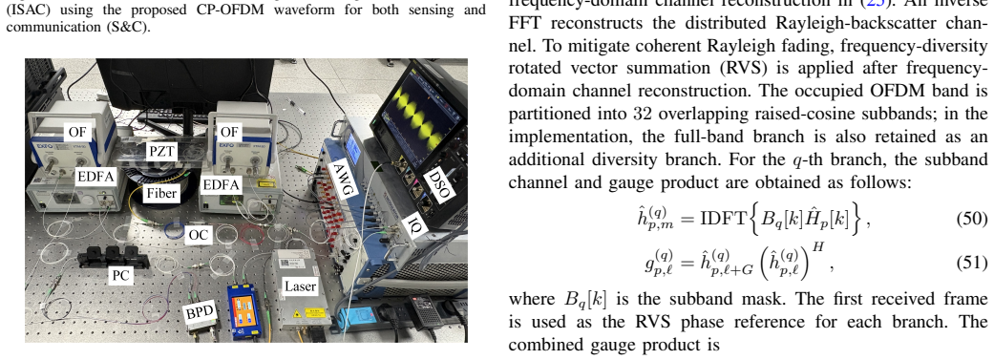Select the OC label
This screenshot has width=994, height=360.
[199, 235]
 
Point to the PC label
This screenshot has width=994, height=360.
[118, 276]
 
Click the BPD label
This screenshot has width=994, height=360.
[199, 311]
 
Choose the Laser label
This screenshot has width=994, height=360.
[300, 286]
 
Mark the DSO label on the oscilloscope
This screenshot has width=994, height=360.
[438, 183]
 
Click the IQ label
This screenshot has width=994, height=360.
[414, 222]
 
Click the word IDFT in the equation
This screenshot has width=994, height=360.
[724, 220]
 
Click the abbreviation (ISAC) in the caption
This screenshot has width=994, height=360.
[26, 11]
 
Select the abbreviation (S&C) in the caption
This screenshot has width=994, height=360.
[129, 29]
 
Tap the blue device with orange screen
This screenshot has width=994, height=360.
[244, 312]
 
